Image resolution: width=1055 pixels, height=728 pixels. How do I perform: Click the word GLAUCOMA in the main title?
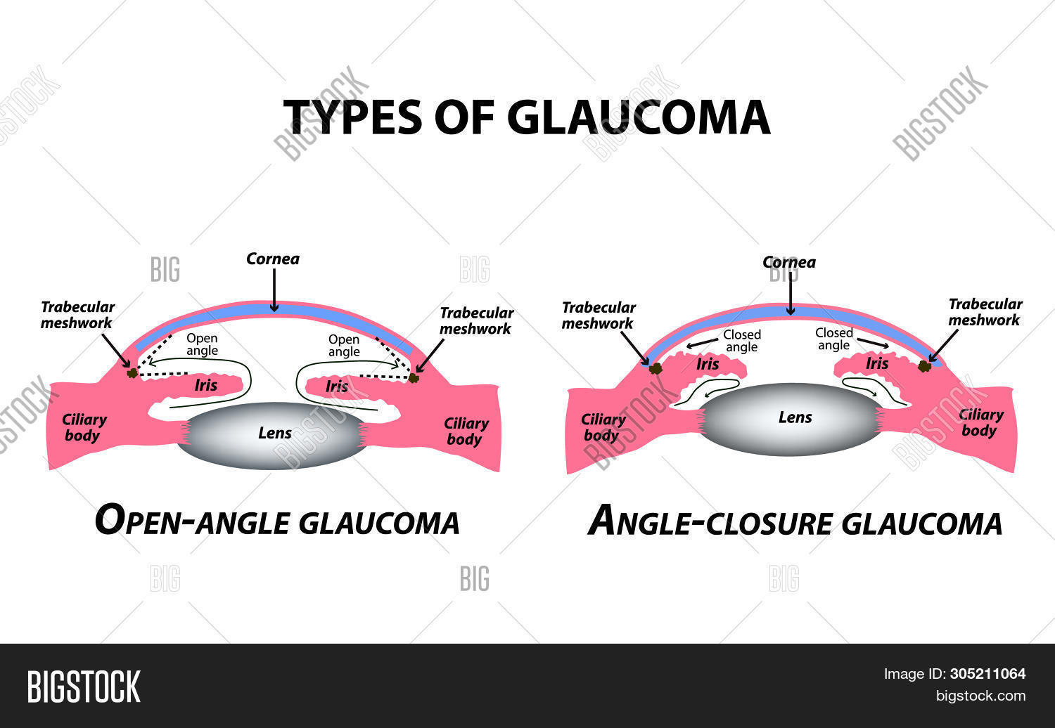pyautogui.click(x=638, y=117)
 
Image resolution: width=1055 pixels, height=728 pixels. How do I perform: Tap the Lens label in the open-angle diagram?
pyautogui.click(x=274, y=433)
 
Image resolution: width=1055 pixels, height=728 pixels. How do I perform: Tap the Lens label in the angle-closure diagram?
pyautogui.click(x=795, y=417)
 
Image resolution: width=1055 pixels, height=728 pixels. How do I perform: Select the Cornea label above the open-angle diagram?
pyautogui.click(x=273, y=259)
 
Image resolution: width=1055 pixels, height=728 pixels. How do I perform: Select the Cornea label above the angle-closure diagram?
pyautogui.click(x=789, y=263)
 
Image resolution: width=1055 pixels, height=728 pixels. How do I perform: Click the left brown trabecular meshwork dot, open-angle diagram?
pyautogui.click(x=132, y=372)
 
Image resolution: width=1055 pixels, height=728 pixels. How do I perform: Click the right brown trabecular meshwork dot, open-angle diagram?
pyautogui.click(x=414, y=378)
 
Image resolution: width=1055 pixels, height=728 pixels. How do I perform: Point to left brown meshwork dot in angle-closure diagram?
pyautogui.click(x=656, y=368)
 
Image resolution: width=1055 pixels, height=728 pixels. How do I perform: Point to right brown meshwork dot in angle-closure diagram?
pyautogui.click(x=926, y=366)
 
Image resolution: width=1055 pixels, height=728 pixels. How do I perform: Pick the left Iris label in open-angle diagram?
pyautogui.click(x=206, y=385)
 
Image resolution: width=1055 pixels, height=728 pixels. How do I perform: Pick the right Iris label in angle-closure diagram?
pyautogui.click(x=876, y=363)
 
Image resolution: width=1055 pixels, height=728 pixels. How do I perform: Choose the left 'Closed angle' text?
pyautogui.click(x=741, y=341)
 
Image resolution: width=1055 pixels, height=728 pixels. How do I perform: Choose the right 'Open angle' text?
pyautogui.click(x=344, y=346)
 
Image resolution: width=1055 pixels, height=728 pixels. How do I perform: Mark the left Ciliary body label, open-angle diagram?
pyautogui.click(x=84, y=427)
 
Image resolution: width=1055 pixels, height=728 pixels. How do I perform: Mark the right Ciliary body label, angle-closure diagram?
pyautogui.click(x=980, y=422)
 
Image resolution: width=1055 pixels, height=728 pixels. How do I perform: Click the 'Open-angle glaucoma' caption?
pyautogui.click(x=277, y=522)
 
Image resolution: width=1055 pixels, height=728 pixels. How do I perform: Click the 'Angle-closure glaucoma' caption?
pyautogui.click(x=795, y=522)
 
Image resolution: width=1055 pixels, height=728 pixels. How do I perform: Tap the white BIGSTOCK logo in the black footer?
pyautogui.click(x=84, y=687)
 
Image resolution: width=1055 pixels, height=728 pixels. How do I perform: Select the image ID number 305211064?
pyautogui.click(x=987, y=674)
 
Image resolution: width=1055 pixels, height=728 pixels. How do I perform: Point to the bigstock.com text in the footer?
pyautogui.click(x=980, y=696)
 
